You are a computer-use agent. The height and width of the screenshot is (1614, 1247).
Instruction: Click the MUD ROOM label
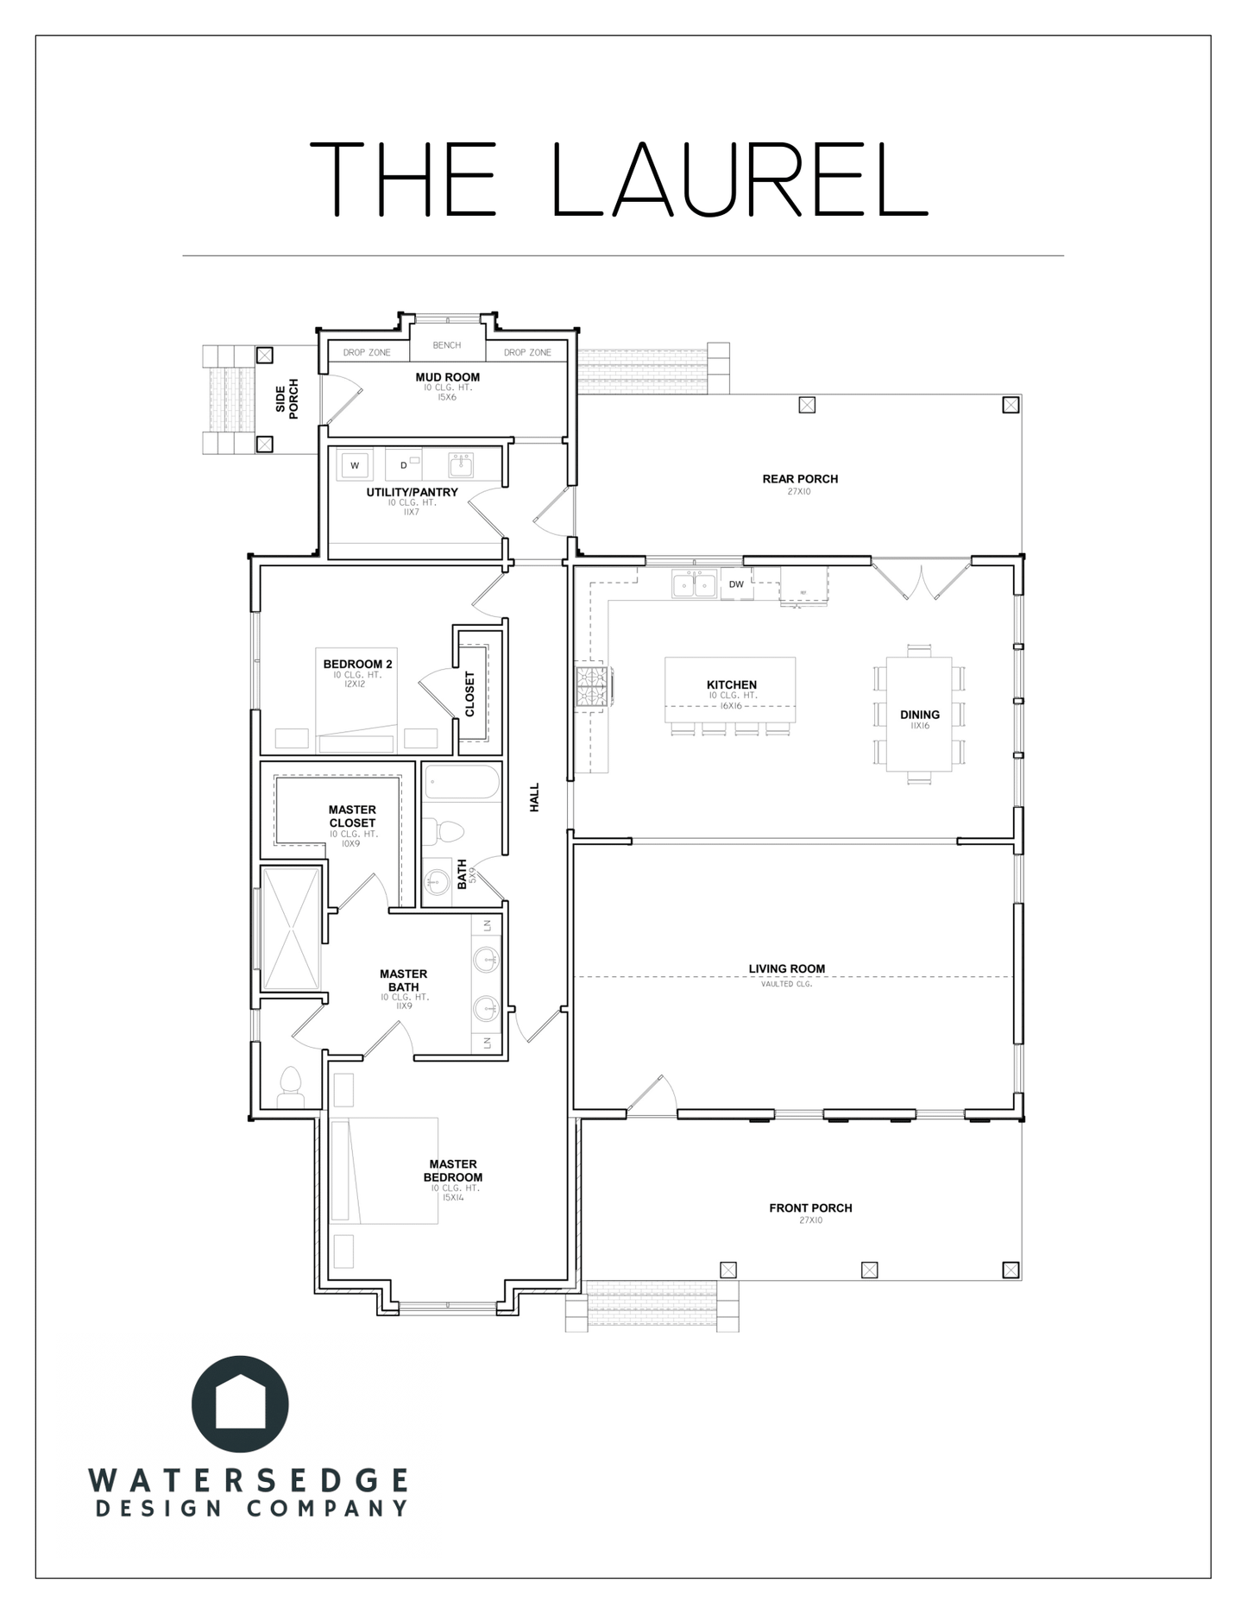pyautogui.click(x=447, y=377)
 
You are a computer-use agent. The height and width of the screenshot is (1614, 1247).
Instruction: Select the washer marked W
pyautogui.click(x=355, y=466)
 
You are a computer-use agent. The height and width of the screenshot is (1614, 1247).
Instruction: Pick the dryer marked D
pyautogui.click(x=403, y=466)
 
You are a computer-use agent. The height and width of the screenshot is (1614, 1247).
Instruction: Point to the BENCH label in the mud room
pyautogui.click(x=447, y=345)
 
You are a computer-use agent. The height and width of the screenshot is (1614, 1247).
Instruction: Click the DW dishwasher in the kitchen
pyautogui.click(x=736, y=584)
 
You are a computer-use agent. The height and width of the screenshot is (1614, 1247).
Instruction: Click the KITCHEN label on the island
pyautogui.click(x=731, y=684)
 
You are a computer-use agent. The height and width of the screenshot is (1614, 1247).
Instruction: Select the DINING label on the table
pyautogui.click(x=919, y=715)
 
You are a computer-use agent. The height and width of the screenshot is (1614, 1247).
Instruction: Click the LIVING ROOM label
pyautogui.click(x=787, y=969)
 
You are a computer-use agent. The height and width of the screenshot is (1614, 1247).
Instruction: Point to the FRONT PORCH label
pyautogui.click(x=810, y=1208)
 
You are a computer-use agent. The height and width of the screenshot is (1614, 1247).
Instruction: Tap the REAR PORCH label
pyautogui.click(x=800, y=479)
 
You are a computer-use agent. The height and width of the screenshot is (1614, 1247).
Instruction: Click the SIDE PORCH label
pyautogui.click(x=287, y=400)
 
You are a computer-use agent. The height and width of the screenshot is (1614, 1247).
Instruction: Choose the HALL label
pyautogui.click(x=534, y=798)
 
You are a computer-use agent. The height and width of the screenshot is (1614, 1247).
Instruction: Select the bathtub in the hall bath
pyautogui.click(x=462, y=783)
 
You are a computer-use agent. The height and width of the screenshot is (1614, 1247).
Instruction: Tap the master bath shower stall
pyautogui.click(x=292, y=929)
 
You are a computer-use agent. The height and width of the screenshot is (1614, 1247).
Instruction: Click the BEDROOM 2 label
pyautogui.click(x=357, y=664)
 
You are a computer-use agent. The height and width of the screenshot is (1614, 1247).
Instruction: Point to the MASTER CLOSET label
pyautogui.click(x=352, y=816)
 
